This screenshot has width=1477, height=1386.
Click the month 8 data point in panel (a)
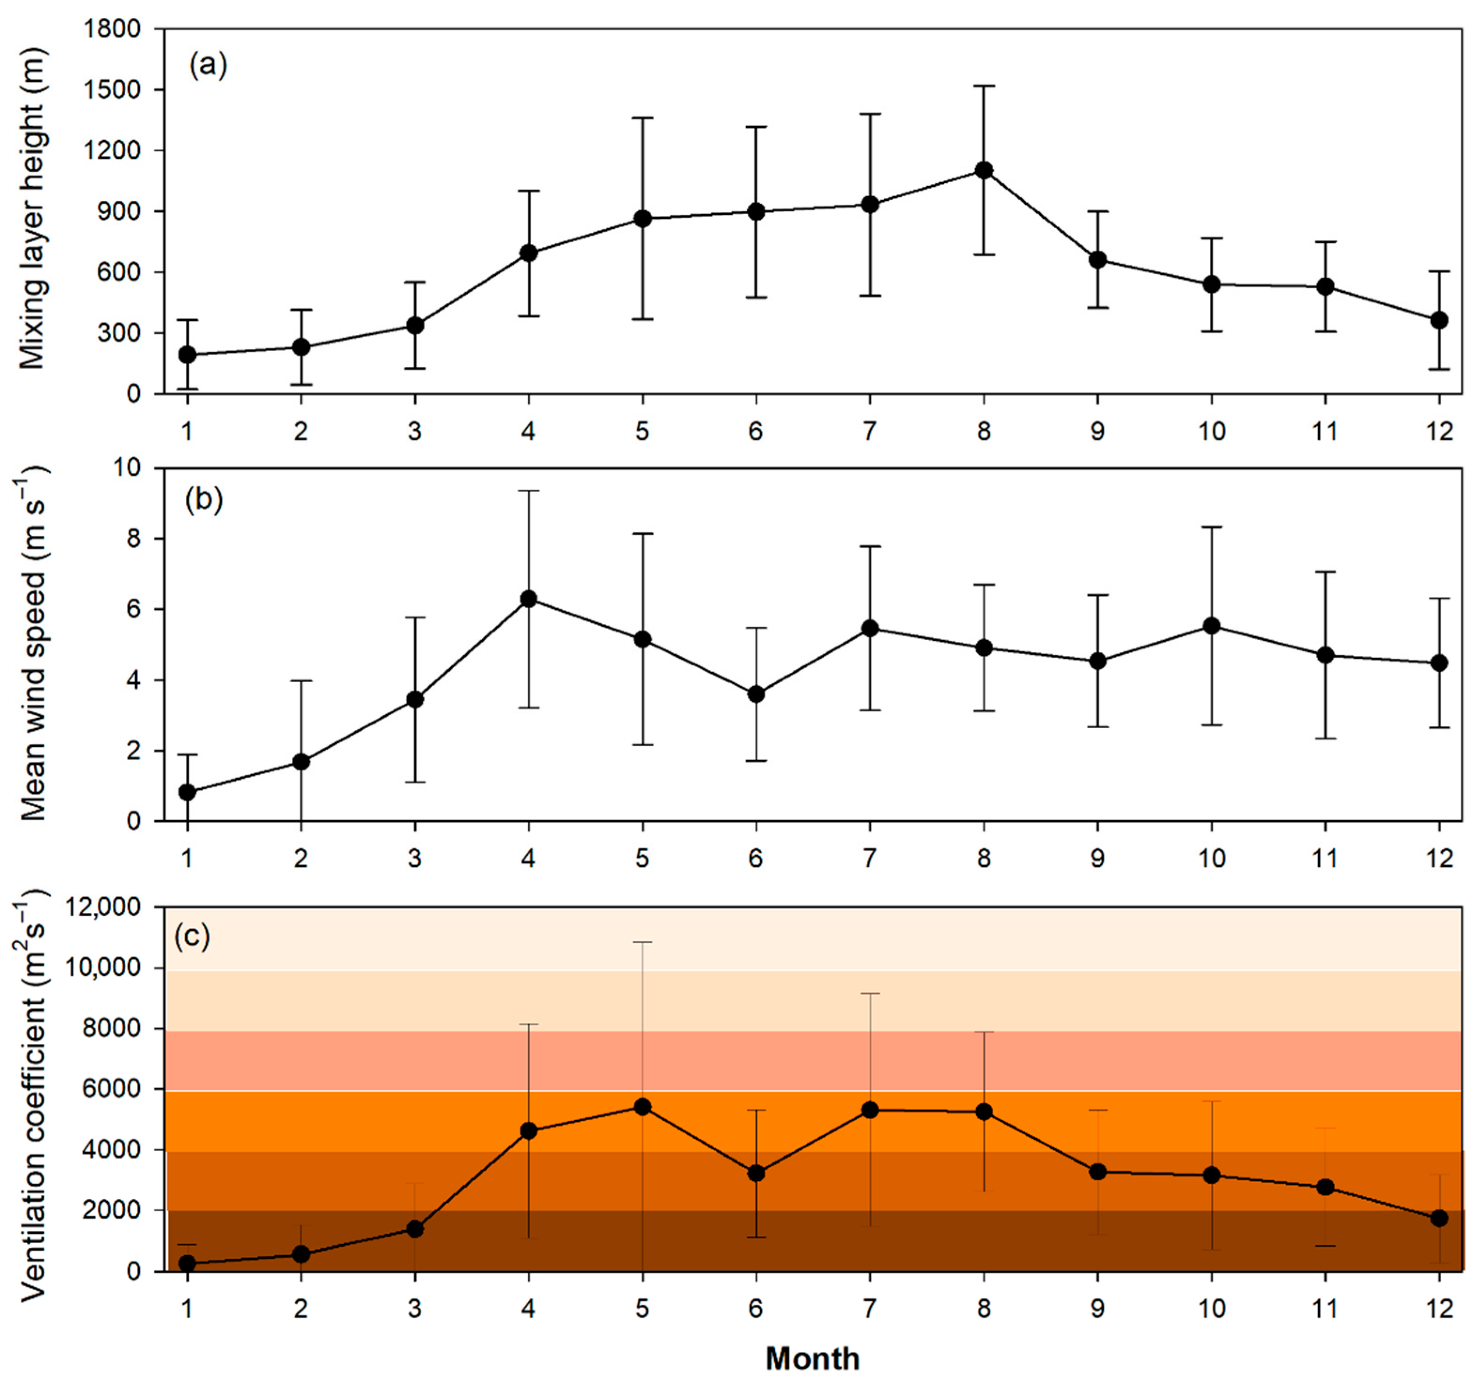pos(984,170)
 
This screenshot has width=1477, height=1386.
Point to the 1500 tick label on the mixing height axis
pos(113,90)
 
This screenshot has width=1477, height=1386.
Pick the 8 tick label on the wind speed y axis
pos(134,539)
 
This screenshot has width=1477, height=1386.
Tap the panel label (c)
pos(192,937)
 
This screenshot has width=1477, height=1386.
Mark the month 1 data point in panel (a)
pos(187,355)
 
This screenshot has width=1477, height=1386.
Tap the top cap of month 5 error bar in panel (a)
pos(642,117)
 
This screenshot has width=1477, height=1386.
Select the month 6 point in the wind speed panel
pos(756,694)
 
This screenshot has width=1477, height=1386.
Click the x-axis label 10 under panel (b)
pos(1211,859)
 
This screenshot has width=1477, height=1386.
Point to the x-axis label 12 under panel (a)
pos(1439,431)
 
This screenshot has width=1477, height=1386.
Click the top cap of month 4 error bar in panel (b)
pos(528,491)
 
